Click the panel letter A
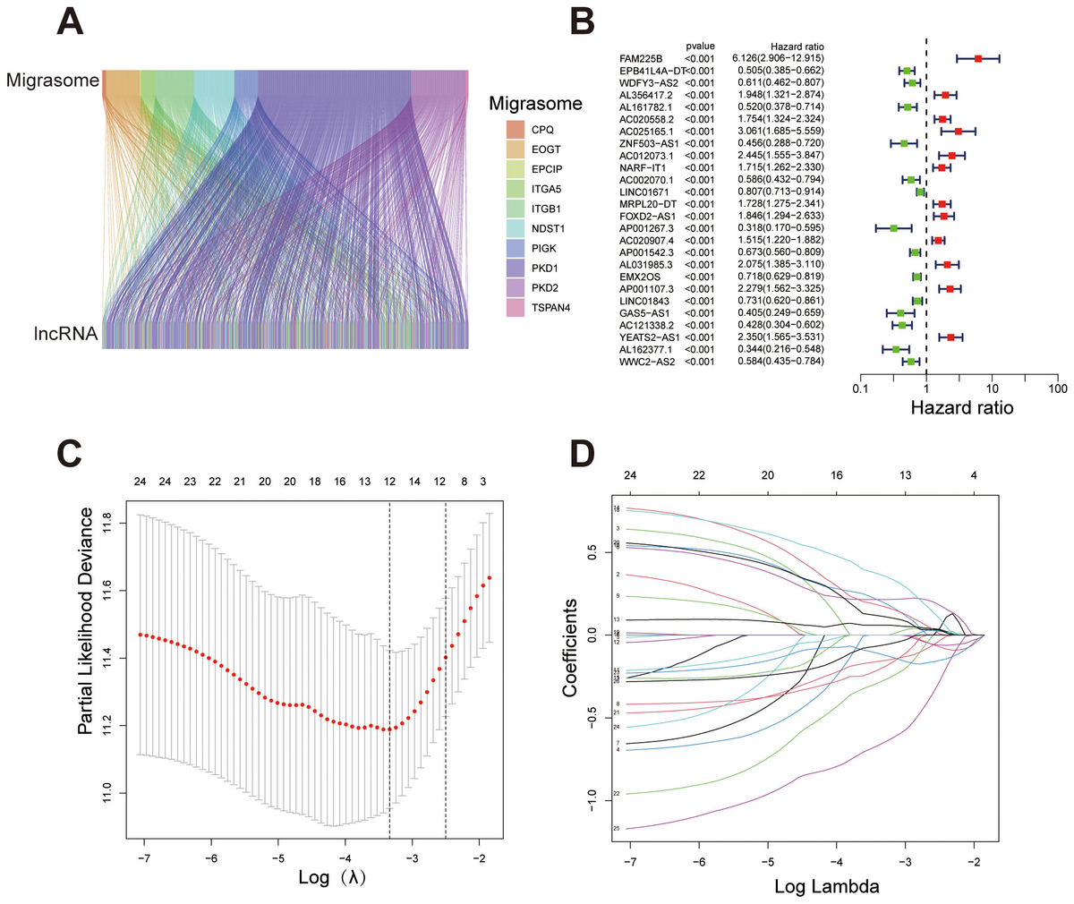tap(72, 22)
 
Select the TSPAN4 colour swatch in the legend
tap(515, 307)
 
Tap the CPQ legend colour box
tap(515, 129)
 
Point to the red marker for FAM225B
tap(978, 58)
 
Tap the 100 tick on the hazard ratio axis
tap(1058, 390)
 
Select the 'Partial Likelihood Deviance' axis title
tap(86, 621)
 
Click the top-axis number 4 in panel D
tap(974, 474)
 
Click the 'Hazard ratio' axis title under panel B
tap(961, 408)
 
